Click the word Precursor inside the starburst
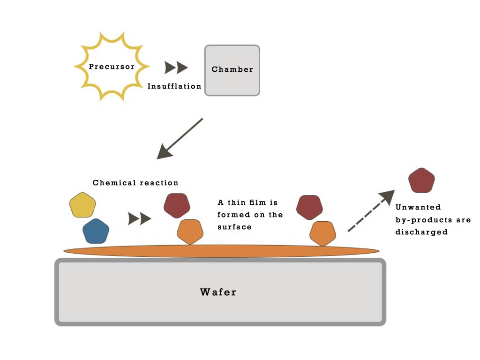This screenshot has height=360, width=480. pyautogui.click(x=112, y=67)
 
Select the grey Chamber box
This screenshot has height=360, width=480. pyautogui.click(x=232, y=70)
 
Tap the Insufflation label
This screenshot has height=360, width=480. pyautogui.click(x=174, y=86)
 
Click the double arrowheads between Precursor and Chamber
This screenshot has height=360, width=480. pyautogui.click(x=176, y=68)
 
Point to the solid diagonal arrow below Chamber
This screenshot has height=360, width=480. pyautogui.click(x=180, y=138)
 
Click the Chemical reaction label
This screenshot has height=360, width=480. pyautogui.click(x=135, y=183)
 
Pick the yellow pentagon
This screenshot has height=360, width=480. pyautogui.click(x=82, y=205)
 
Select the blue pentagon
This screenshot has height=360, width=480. pyautogui.click(x=96, y=231)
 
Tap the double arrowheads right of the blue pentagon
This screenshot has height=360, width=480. pyautogui.click(x=140, y=218)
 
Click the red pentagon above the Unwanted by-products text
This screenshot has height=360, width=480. pyautogui.click(x=421, y=180)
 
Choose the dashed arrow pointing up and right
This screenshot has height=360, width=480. pyautogui.click(x=370, y=211)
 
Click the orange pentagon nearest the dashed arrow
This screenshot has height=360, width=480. pyautogui.click(x=322, y=233)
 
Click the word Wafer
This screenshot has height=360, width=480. pyautogui.click(x=218, y=292)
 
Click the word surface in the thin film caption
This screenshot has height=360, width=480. pyautogui.click(x=234, y=227)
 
